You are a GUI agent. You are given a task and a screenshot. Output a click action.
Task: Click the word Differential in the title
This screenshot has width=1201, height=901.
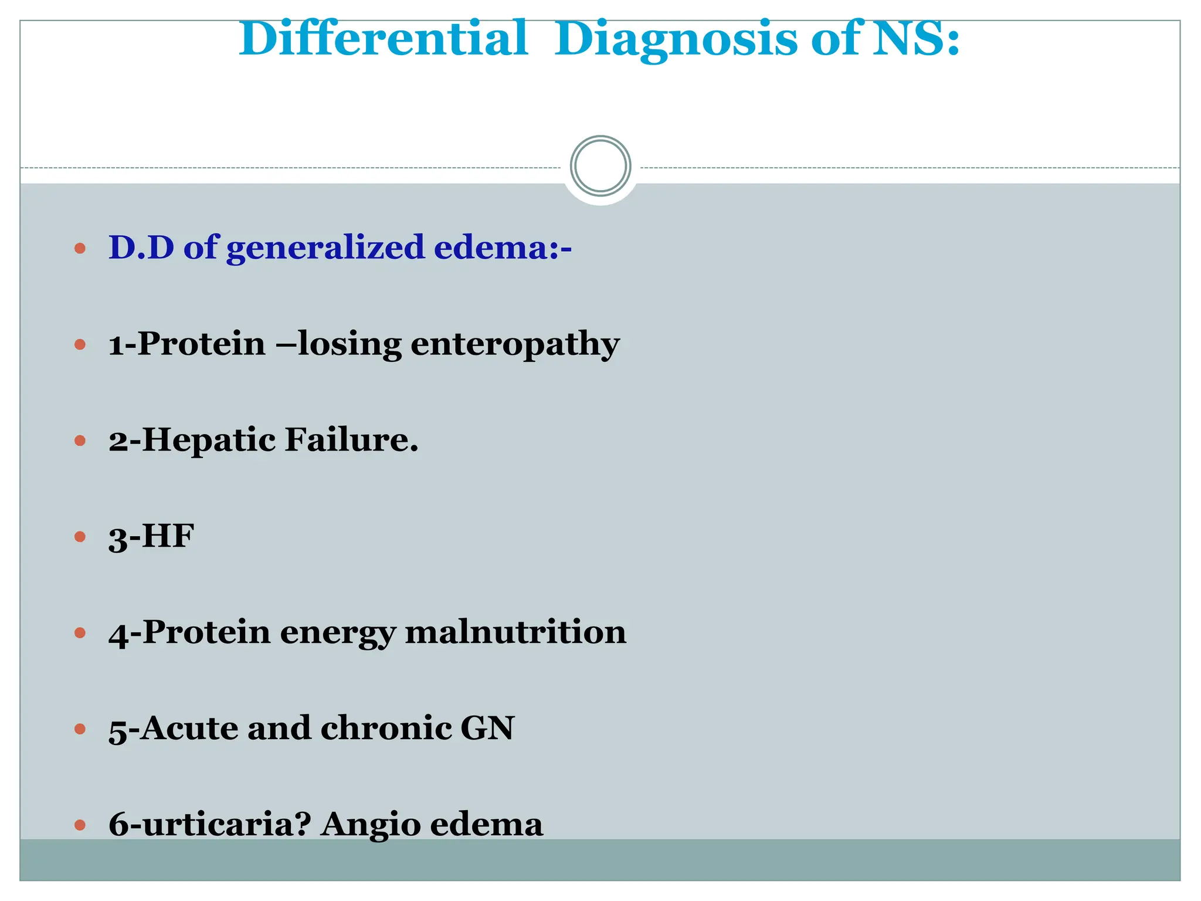384,39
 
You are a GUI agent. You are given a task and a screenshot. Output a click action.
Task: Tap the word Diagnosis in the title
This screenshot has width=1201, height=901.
676,40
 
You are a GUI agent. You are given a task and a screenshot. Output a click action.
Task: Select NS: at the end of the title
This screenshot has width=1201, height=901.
915,39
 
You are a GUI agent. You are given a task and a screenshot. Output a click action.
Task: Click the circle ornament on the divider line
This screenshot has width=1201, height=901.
600,166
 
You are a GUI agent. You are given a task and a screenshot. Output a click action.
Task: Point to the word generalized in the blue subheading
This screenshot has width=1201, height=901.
325,248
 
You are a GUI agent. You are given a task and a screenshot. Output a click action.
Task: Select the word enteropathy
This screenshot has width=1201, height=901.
515,344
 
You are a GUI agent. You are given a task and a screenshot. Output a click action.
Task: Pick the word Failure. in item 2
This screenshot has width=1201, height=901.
351,439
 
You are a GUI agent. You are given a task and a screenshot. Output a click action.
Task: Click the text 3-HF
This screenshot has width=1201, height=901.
151,536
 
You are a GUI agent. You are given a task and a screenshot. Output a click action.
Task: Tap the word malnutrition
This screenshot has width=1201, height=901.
515,632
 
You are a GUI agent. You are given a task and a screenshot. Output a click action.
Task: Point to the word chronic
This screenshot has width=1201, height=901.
386,728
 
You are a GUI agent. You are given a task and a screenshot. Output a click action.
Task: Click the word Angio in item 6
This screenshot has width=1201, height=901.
371,825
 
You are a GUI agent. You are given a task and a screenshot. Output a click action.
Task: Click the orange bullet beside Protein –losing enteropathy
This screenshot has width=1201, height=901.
80,344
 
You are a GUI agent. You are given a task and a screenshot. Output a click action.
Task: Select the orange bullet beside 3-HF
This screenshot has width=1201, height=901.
80,536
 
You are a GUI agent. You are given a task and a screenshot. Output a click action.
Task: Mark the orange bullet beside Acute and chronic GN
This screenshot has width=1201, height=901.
80,729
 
